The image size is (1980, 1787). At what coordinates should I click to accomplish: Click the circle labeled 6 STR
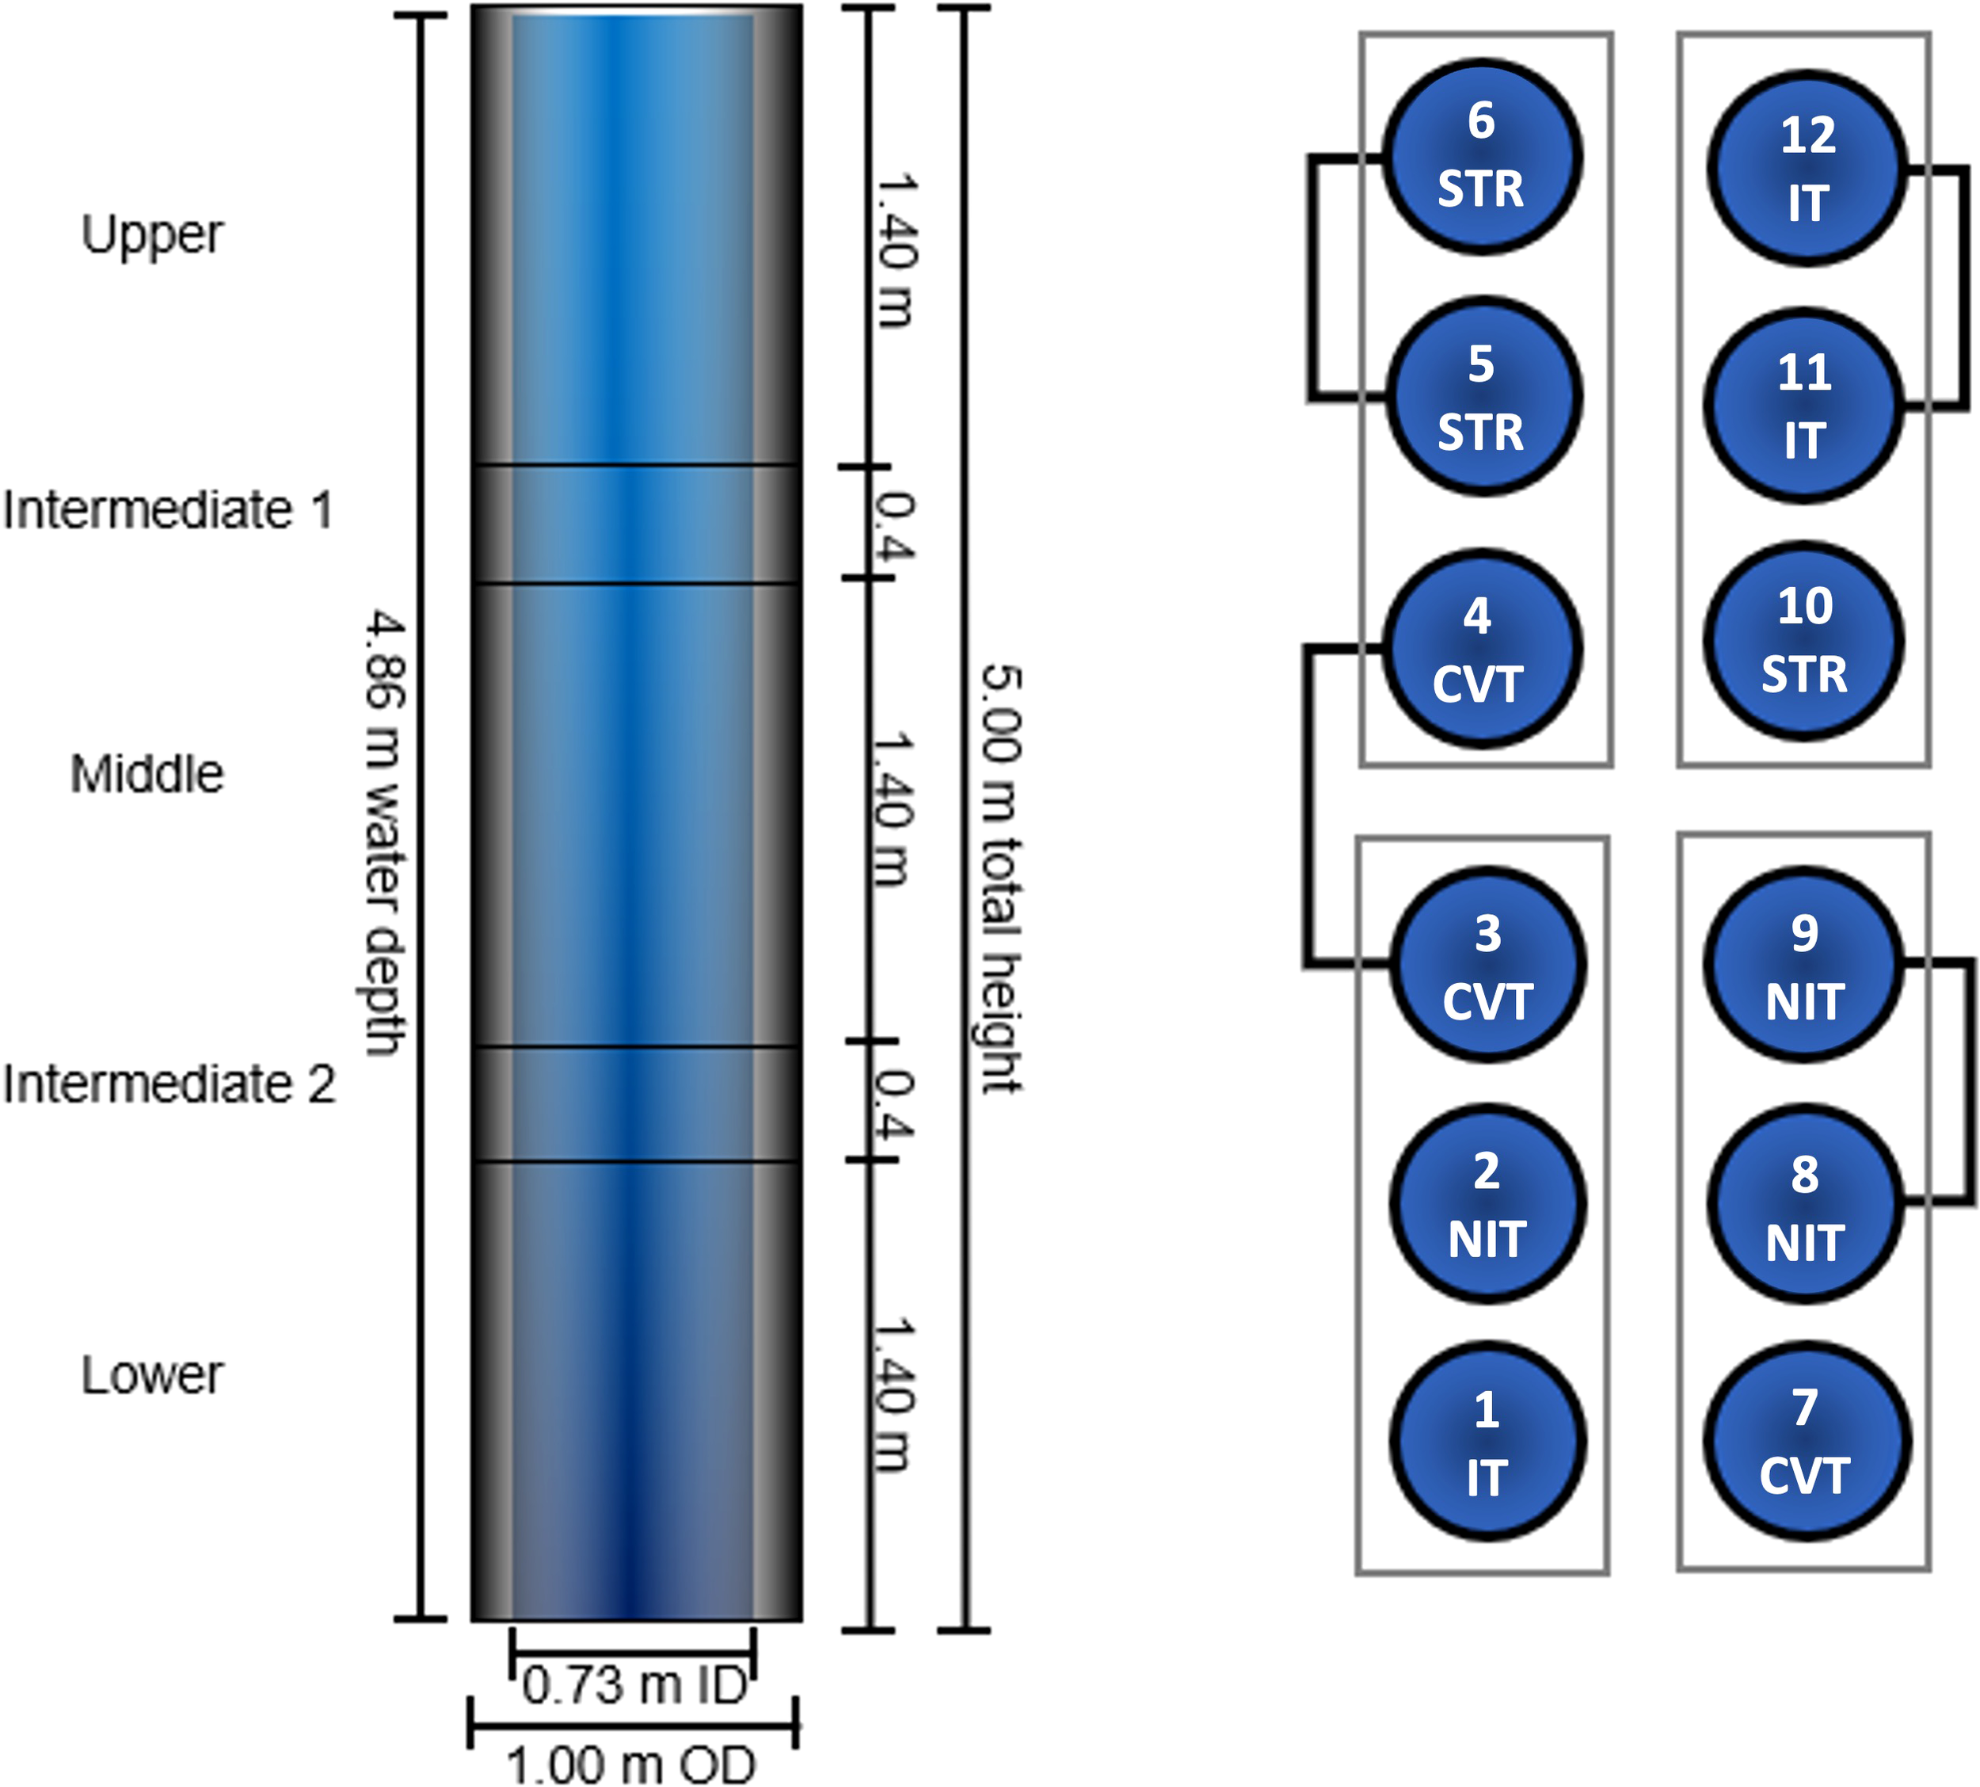tap(1481, 157)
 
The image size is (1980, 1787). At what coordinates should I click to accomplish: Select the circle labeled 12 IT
tap(1807, 168)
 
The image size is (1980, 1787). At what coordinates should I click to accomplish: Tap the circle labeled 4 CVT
tap(1481, 649)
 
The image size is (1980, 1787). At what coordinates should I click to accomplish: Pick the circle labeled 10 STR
tap(1804, 640)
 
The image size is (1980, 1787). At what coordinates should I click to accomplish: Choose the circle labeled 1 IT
tap(1487, 1442)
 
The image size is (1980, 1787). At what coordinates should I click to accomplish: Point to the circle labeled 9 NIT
tap(1804, 964)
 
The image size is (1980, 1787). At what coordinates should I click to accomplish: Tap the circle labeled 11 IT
tap(1804, 406)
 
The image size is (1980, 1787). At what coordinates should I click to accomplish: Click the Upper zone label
tap(152, 235)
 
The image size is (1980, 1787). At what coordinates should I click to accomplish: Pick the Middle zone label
tap(147, 774)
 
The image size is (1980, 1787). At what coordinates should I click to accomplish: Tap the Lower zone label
tap(152, 1374)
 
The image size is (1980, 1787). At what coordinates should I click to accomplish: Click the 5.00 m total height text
tap(1001, 878)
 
